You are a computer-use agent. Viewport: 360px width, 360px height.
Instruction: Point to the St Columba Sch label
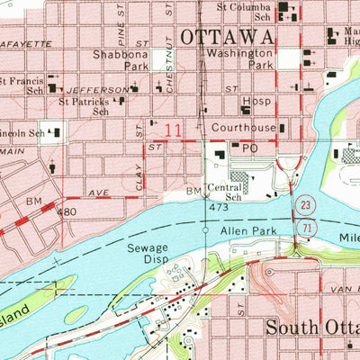(246, 12)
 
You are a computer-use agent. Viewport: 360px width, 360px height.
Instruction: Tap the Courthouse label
(244, 129)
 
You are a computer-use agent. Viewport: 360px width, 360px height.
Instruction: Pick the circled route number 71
(306, 231)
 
